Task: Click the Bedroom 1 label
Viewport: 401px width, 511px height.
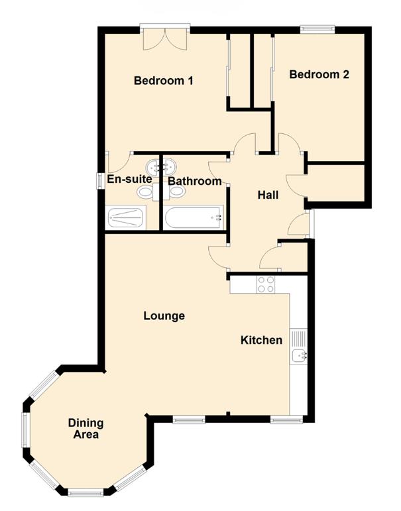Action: pos(163,81)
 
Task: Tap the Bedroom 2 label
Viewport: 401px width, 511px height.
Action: pos(319,75)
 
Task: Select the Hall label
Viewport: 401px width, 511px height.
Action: pos(268,195)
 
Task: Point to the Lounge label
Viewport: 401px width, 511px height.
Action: pos(164,316)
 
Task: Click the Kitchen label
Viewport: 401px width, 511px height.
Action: pos(261,340)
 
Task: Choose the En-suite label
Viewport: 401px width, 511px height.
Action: pos(130,179)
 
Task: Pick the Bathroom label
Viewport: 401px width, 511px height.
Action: pos(194,181)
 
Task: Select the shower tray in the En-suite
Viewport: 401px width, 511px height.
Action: pos(125,217)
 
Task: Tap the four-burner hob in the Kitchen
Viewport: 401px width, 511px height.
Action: pos(266,284)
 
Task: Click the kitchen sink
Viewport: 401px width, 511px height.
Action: pos(299,356)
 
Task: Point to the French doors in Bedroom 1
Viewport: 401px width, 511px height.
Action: pos(165,36)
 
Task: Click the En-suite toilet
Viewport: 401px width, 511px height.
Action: pos(145,192)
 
